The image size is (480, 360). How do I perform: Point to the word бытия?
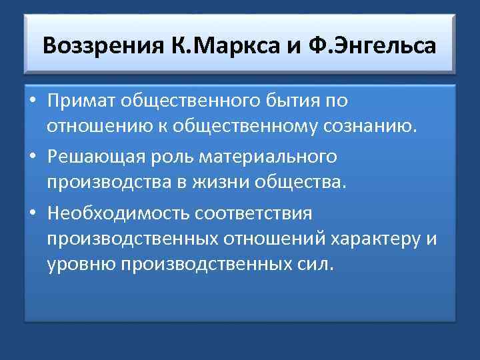[x=299, y=101]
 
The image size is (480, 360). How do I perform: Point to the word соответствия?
[x=259, y=213]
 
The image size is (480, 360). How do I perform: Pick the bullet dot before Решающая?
[x=32, y=158]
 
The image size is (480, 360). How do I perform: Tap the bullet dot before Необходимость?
[x=32, y=214]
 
